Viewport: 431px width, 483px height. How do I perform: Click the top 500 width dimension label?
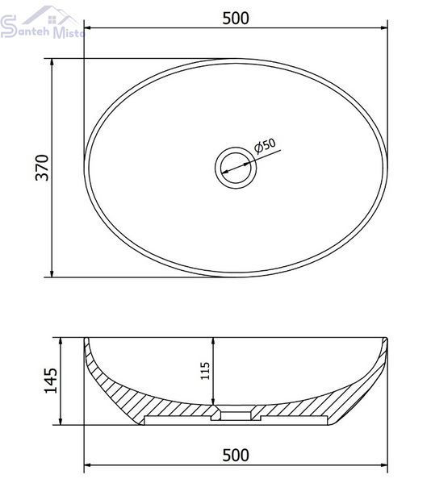click(236, 19)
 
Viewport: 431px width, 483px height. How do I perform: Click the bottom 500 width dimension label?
click(236, 456)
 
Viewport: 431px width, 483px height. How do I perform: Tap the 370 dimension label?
click(42, 168)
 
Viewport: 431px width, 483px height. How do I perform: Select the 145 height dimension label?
click(51, 381)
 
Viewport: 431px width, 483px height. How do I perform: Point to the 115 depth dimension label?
click(205, 371)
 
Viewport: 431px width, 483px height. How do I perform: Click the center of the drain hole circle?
click(236, 168)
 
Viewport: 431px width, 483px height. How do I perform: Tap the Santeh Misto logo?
click(42, 23)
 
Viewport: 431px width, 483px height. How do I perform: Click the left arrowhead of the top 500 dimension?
click(87, 28)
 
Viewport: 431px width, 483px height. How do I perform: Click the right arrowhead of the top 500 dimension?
click(384, 28)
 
